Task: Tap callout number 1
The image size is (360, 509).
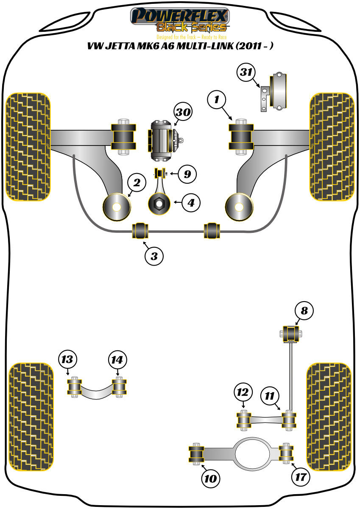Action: pyautogui.click(x=217, y=100)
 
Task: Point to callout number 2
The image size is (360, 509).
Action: pyautogui.click(x=137, y=183)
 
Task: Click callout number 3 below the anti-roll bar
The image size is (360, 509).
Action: pyautogui.click(x=154, y=256)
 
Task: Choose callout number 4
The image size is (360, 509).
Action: pyautogui.click(x=191, y=203)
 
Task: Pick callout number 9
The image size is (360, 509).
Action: pyautogui.click(x=187, y=173)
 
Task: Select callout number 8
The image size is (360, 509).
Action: pyautogui.click(x=304, y=311)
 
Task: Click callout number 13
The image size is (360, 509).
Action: pyautogui.click(x=67, y=360)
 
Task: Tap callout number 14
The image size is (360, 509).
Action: pyautogui.click(x=117, y=360)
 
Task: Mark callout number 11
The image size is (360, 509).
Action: pyautogui.click(x=270, y=396)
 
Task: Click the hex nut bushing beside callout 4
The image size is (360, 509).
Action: pyautogui.click(x=159, y=204)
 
